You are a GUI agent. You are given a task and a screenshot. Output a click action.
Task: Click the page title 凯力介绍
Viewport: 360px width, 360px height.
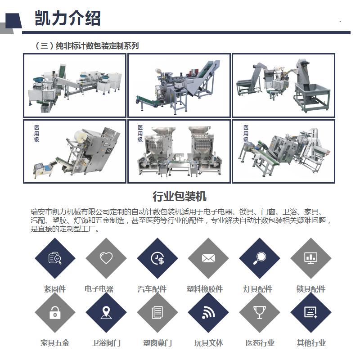tap(67, 18)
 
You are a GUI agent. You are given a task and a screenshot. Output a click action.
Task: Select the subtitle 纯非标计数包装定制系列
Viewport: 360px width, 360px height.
tap(97, 46)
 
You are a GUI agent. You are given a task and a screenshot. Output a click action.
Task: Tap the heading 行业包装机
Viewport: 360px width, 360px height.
tap(180, 196)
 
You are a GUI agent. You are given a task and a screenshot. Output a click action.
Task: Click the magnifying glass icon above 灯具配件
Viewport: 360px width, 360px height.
tap(260, 258)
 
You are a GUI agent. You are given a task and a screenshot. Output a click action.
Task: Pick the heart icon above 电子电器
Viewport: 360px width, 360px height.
tap(106, 258)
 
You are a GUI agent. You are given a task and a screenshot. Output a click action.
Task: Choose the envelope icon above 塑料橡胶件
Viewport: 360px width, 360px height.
tap(208, 258)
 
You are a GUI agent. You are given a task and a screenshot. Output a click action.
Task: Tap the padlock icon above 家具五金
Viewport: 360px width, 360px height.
tap(55, 312)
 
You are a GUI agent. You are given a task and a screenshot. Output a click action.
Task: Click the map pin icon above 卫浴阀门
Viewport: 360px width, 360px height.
tap(106, 312)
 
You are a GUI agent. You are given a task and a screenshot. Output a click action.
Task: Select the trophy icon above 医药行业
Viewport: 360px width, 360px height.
tap(260, 312)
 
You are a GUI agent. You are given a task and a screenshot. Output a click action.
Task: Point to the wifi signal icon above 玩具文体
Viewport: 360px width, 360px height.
tap(208, 313)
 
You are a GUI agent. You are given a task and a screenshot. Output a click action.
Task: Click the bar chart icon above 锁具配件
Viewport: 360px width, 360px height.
tap(310, 258)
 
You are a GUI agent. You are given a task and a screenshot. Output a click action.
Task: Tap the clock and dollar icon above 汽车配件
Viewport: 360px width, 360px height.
tap(157, 258)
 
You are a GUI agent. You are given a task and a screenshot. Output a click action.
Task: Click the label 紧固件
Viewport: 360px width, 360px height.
tap(55, 289)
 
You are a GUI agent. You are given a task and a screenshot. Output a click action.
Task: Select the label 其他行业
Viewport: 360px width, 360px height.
tap(311, 343)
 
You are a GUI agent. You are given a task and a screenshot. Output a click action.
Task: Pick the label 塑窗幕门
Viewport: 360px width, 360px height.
tap(157, 343)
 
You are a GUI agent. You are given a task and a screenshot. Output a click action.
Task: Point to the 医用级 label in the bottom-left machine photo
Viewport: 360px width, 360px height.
tap(37, 133)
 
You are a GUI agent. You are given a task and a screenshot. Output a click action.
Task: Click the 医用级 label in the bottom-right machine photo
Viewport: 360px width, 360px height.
tap(246, 133)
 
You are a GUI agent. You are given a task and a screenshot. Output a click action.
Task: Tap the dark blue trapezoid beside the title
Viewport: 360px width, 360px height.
tap(13, 21)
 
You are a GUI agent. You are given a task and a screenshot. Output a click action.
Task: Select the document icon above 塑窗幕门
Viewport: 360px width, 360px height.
tap(157, 312)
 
